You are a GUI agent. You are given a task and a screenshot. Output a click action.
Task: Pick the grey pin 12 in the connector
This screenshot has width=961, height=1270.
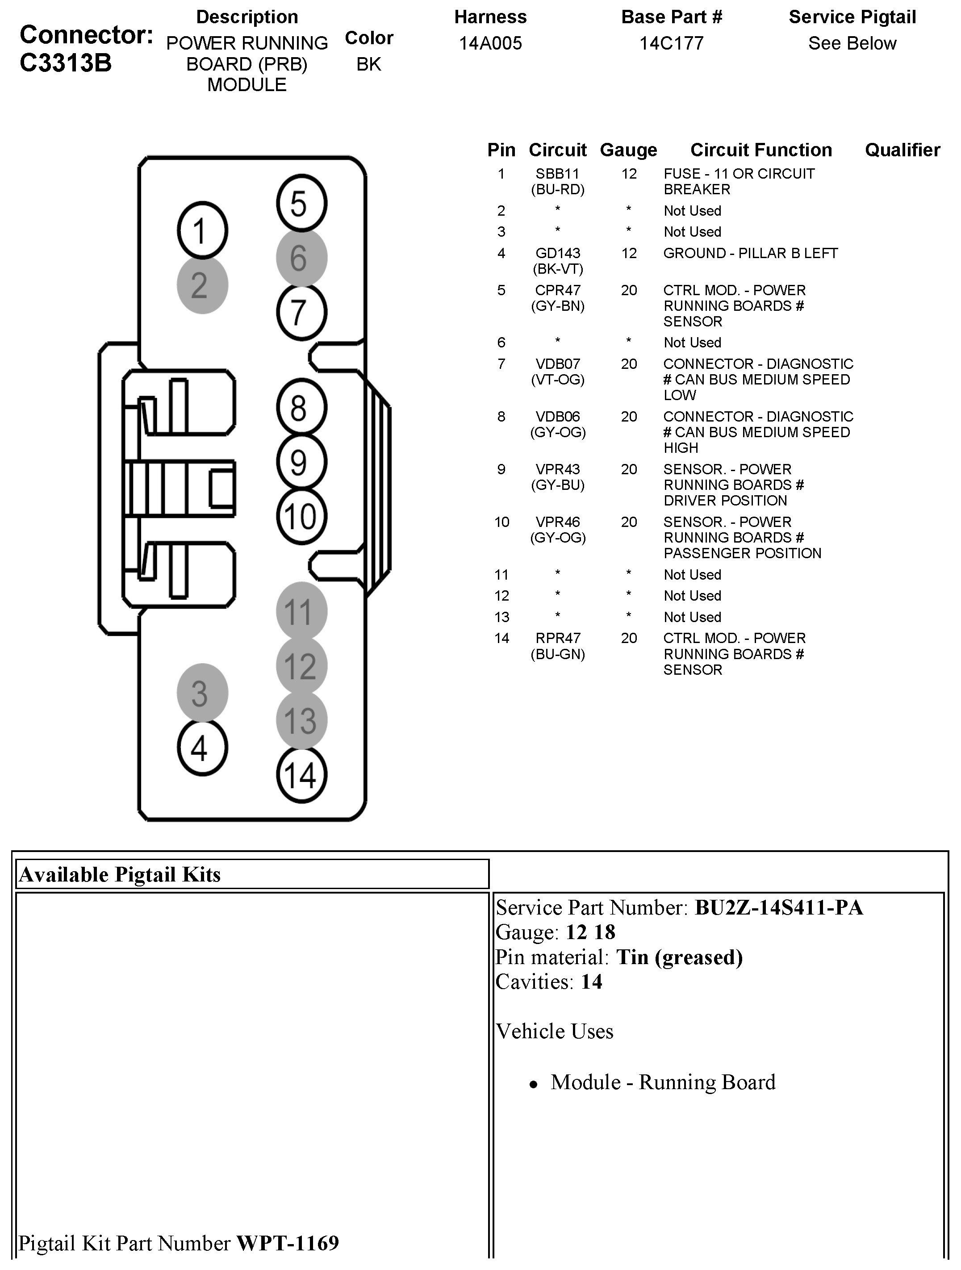[301, 666]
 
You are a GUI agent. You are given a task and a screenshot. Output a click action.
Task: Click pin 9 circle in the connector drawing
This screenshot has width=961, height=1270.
[301, 462]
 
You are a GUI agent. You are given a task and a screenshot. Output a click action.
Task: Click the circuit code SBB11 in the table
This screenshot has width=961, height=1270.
[557, 173]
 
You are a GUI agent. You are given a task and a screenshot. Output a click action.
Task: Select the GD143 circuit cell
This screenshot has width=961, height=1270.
[557, 253]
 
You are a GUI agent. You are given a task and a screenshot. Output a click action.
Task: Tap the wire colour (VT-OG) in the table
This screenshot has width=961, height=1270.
[557, 380]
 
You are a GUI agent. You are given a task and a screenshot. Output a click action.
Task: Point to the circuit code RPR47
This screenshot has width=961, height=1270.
[557, 638]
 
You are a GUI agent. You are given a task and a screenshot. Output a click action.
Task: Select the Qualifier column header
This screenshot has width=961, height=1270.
[902, 150]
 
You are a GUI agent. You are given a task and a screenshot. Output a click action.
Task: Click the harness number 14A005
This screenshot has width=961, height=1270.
[490, 43]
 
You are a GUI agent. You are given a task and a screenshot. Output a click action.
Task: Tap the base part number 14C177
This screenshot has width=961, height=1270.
[671, 43]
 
